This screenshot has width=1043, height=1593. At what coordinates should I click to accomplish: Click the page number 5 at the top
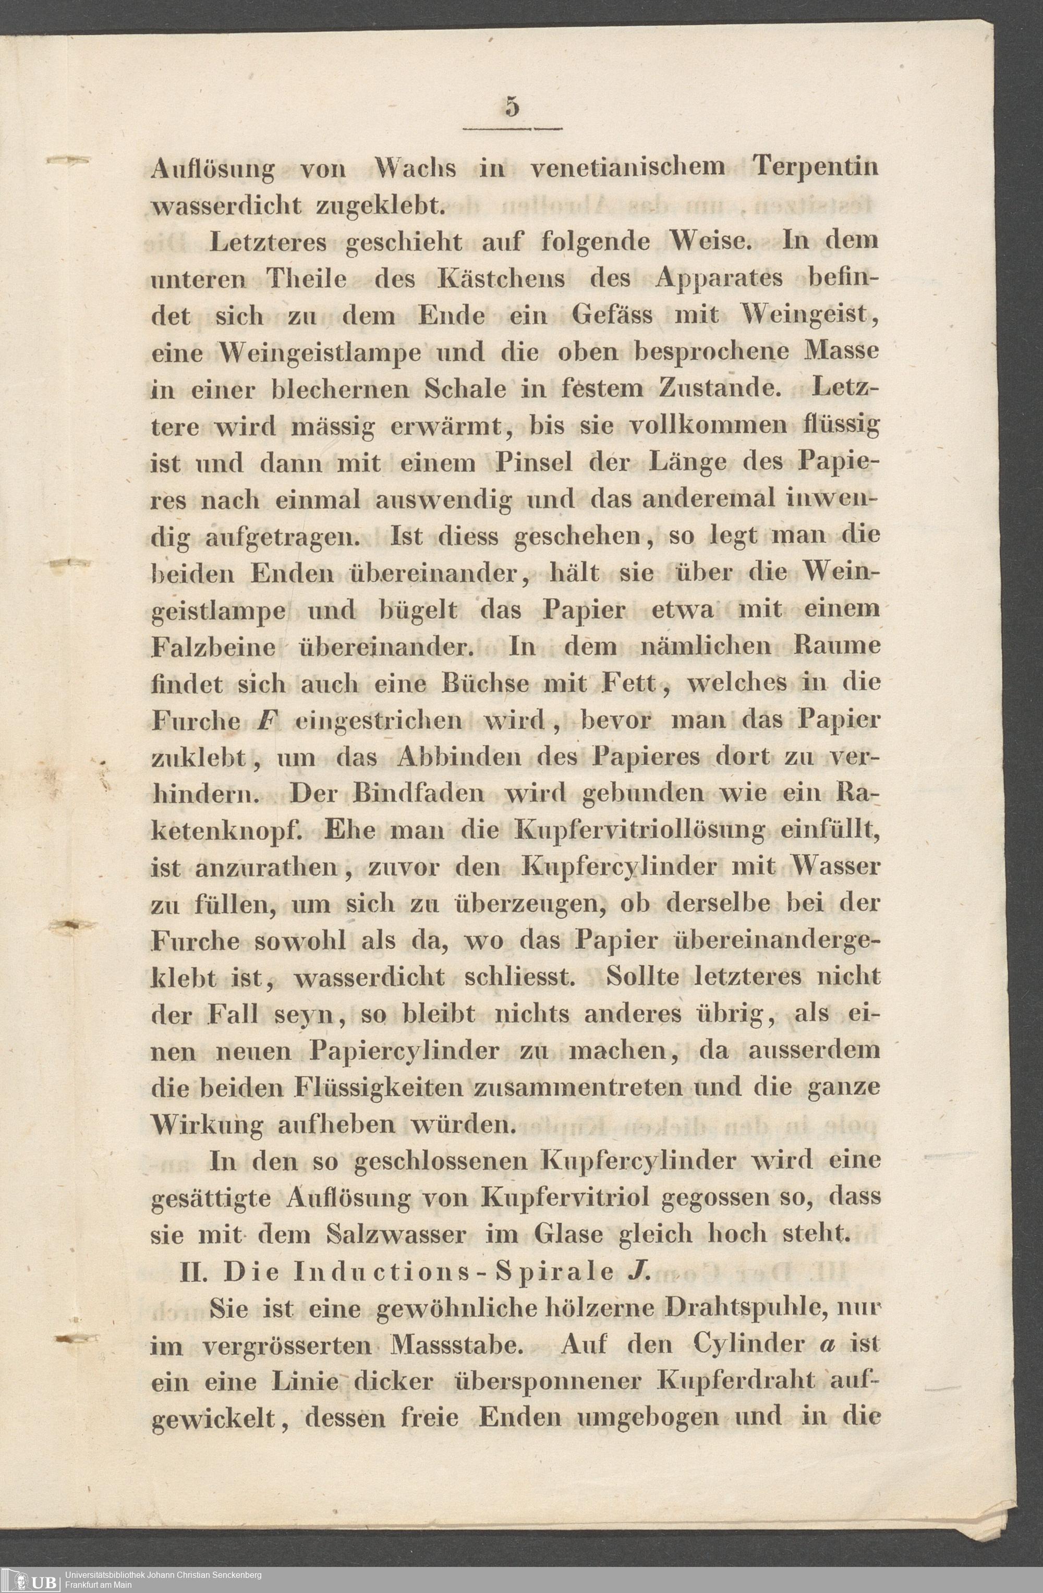tap(512, 107)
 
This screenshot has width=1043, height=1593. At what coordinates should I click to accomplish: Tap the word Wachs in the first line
tap(416, 168)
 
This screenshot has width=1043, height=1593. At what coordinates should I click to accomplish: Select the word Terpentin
tap(816, 168)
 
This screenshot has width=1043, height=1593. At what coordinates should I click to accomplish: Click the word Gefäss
tap(613, 314)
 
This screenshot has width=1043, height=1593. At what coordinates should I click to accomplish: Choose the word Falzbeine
tap(213, 647)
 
